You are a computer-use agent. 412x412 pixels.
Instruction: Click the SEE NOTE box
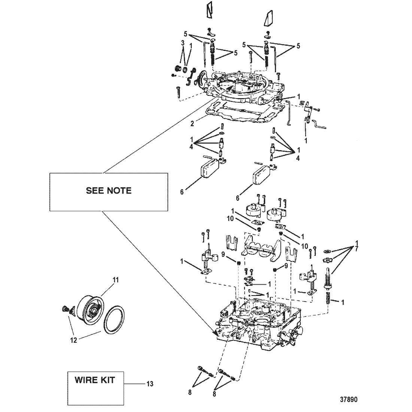click(x=109, y=192)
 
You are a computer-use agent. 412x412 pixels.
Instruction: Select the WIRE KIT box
click(x=96, y=388)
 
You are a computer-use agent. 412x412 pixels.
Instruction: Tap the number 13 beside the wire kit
click(x=150, y=384)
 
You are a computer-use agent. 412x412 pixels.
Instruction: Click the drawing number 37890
click(x=349, y=400)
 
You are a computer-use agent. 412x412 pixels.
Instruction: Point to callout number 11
click(x=116, y=280)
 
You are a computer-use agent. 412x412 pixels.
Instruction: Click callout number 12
click(x=74, y=340)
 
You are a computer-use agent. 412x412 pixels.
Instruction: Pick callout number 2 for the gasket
click(x=193, y=124)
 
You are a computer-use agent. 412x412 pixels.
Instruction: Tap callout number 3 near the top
click(x=183, y=43)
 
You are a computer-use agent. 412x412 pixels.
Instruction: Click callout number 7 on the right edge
click(x=356, y=249)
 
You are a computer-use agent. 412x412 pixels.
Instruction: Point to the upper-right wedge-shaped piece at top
click(x=268, y=18)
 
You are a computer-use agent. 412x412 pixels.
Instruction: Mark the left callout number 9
click(x=223, y=254)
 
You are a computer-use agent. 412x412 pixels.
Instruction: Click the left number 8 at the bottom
click(x=190, y=393)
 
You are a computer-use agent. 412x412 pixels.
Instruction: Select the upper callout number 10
click(x=230, y=219)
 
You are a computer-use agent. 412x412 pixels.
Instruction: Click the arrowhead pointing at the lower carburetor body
click(x=216, y=334)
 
